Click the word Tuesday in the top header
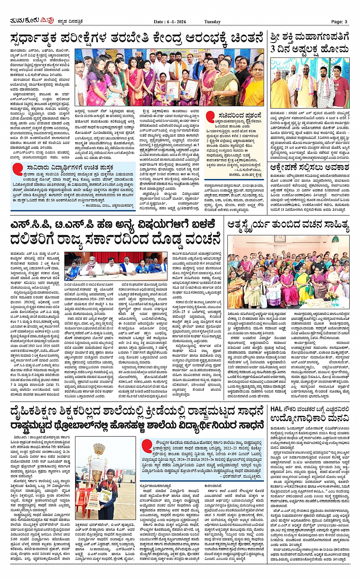212,22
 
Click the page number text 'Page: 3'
339,22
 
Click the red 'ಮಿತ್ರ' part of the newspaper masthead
48,21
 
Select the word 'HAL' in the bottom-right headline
276,409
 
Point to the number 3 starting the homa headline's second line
274,49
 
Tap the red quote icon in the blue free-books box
18,169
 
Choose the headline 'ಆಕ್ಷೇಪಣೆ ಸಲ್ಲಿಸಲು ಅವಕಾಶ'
309,168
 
